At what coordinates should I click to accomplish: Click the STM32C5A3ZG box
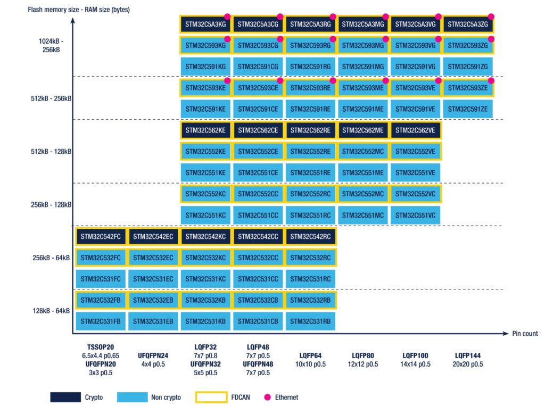(x=468, y=24)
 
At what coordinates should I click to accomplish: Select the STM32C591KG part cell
(x=205, y=67)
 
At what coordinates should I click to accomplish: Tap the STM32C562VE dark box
(x=415, y=130)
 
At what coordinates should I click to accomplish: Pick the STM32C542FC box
(x=101, y=237)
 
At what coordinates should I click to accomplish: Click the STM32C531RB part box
(x=311, y=321)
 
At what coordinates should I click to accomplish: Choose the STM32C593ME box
(x=362, y=88)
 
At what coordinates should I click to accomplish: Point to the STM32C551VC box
(x=415, y=215)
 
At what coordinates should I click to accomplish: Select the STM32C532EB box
(x=153, y=300)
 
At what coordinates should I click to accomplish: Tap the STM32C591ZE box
(x=468, y=109)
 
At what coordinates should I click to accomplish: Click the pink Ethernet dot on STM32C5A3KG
(x=227, y=16)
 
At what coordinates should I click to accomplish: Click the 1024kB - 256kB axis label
(x=51, y=46)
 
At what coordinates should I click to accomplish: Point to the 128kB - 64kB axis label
(x=52, y=311)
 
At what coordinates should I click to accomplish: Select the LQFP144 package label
(x=468, y=355)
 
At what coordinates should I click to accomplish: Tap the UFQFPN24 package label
(x=153, y=355)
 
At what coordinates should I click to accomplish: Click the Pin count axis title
(x=524, y=334)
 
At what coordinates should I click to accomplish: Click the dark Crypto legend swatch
(x=65, y=397)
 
